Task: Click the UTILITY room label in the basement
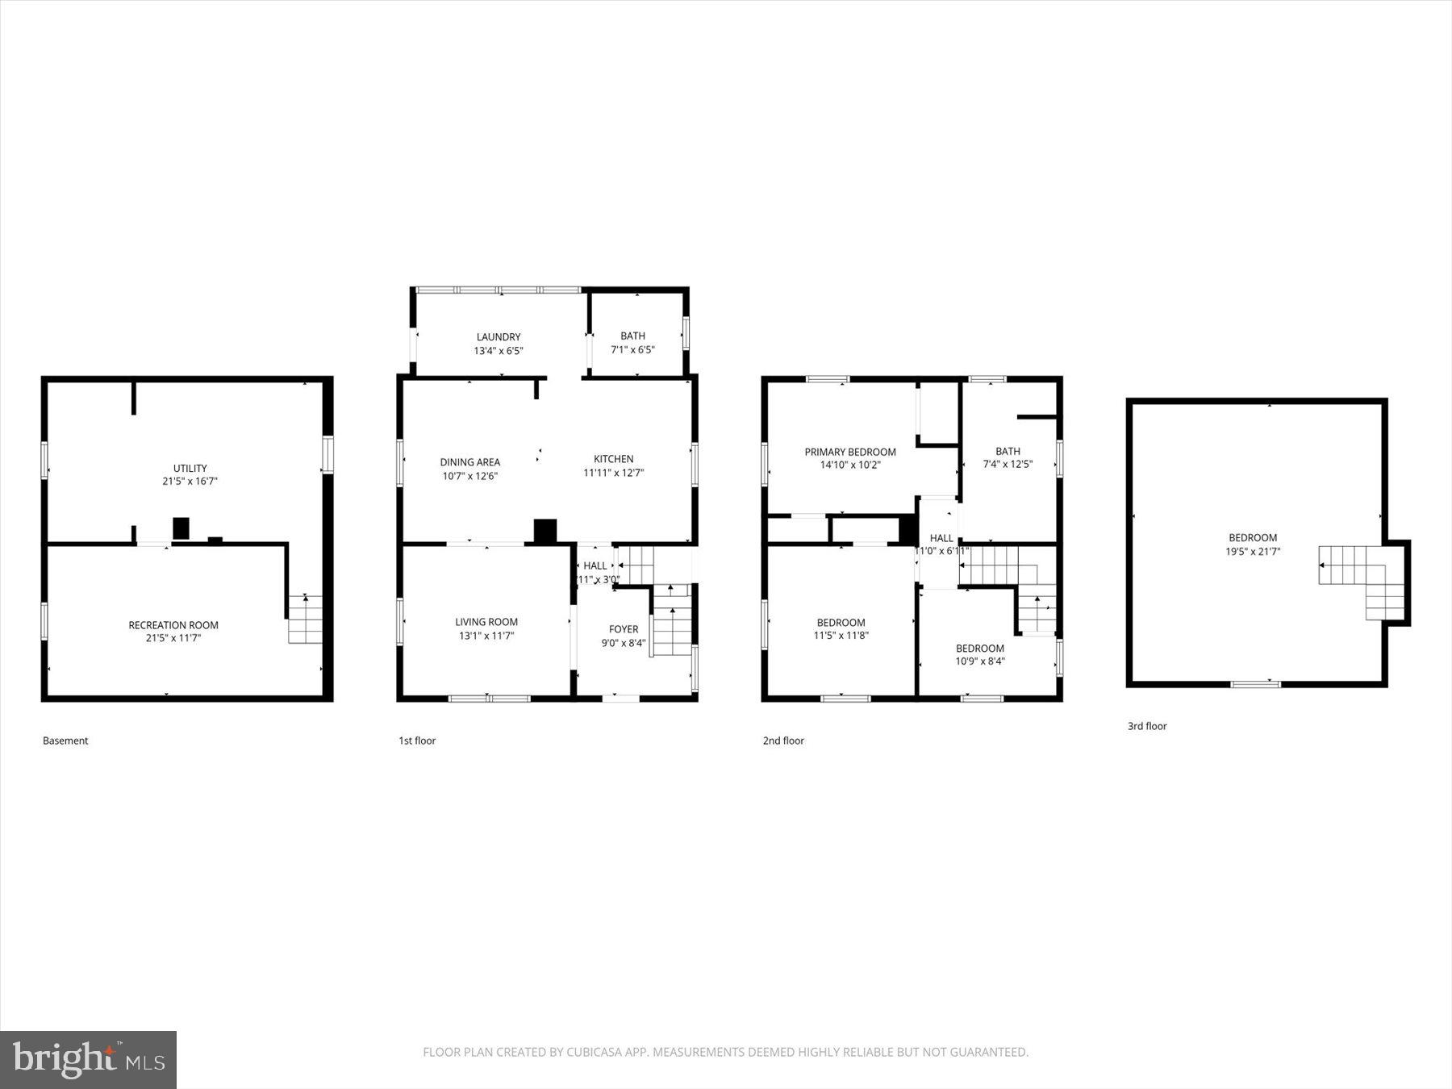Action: [x=190, y=468]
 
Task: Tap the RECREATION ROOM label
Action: [x=173, y=625]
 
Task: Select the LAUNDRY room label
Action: [x=499, y=337]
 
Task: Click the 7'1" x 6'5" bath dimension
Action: [x=632, y=350]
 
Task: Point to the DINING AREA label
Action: [x=469, y=462]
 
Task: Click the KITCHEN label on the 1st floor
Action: [x=613, y=459]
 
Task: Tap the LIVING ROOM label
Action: [x=486, y=622]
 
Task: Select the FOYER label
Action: [x=624, y=629]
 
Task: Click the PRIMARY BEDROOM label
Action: [x=850, y=452]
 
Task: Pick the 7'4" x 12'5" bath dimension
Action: [x=1008, y=465]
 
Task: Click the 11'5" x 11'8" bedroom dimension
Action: [x=841, y=636]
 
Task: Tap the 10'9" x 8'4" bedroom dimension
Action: [x=980, y=661]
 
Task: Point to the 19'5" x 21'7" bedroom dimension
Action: [x=1253, y=552]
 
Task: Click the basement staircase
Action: [x=306, y=620]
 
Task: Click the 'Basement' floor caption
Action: [x=65, y=741]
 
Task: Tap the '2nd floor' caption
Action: [x=783, y=741]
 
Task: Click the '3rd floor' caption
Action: [x=1147, y=726]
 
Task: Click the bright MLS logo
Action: [x=88, y=1059]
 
